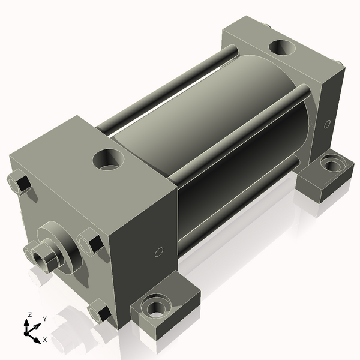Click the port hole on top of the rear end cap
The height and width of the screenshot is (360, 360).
coord(281,46)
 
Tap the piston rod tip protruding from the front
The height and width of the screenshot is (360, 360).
coord(43,256)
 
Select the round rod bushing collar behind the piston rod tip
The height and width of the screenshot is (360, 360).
coord(60,240)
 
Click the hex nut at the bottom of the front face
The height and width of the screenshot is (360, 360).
coord(98,313)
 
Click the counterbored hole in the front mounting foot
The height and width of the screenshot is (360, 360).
coord(157,307)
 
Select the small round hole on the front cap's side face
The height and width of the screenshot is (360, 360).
coord(158,252)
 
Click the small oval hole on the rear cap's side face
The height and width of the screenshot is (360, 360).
coord(326,124)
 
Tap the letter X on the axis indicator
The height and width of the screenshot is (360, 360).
coord(44,340)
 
